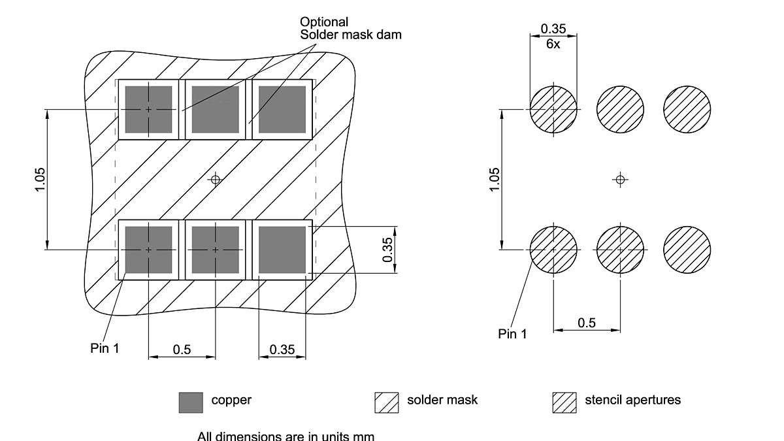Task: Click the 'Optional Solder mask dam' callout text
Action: [350, 28]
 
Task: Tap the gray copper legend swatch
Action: [191, 402]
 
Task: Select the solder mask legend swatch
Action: [386, 402]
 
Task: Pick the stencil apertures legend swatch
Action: [564, 402]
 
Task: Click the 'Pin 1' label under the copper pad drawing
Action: [105, 348]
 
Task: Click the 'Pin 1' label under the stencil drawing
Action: [512, 334]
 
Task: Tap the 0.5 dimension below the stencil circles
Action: [587, 323]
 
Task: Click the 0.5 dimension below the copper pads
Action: [182, 350]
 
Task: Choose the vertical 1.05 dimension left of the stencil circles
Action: [494, 180]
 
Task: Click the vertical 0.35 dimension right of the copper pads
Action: [387, 250]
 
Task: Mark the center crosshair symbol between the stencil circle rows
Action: [620, 179]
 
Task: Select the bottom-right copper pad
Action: [282, 250]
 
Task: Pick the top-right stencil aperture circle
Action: [687, 108]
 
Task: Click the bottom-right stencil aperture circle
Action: [687, 250]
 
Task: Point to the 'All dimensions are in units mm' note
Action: [286, 435]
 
